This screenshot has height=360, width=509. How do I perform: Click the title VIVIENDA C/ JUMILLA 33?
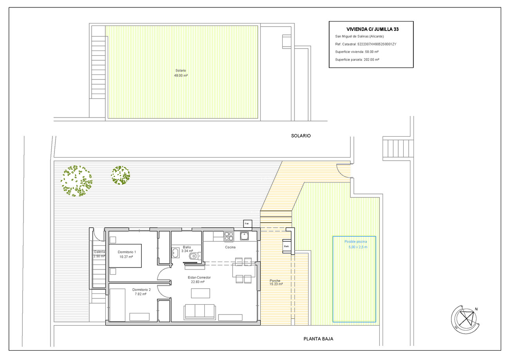coord(372,29)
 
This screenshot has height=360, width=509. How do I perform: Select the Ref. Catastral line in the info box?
coord(366,44)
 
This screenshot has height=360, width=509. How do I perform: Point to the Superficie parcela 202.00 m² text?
coord(357,60)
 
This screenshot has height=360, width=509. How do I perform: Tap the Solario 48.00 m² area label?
coord(181,73)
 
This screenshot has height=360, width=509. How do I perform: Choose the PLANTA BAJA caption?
coord(318,339)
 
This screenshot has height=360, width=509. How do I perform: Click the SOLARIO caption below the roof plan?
coord(301,136)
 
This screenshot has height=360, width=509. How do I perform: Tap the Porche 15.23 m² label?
coord(276,283)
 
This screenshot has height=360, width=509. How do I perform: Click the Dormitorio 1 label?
coord(126,254)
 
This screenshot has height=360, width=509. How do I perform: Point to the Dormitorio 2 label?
coord(139,292)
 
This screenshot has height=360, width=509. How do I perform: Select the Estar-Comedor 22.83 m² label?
coord(199,279)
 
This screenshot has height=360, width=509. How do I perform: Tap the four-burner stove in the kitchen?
coord(229,236)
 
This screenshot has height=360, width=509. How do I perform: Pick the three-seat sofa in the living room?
coord(199,311)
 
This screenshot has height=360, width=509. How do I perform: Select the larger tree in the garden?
coord(77,181)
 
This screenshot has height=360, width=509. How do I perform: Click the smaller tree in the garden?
coord(121,175)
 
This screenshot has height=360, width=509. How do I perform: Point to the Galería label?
coord(99,254)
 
